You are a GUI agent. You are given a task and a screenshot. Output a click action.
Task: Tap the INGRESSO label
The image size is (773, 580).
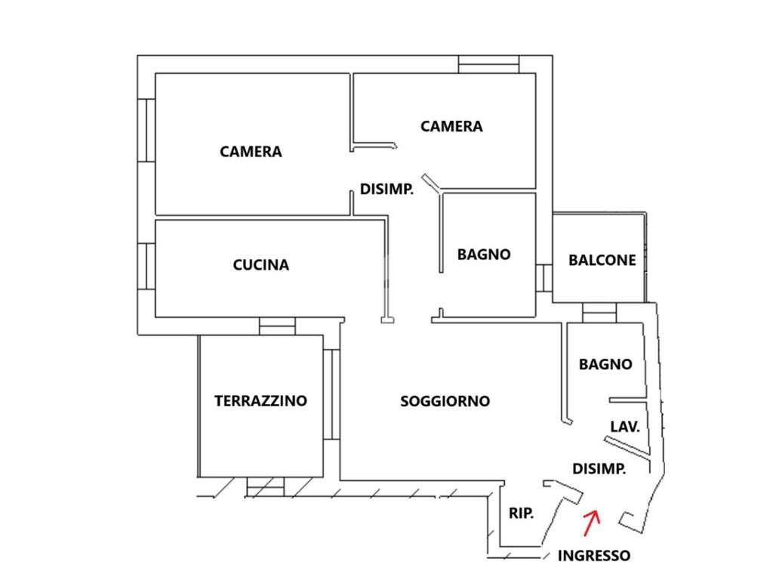coord(593,556)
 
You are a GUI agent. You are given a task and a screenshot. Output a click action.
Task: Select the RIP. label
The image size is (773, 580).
coord(521,514)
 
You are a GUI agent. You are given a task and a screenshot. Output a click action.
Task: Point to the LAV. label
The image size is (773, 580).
coord(625,427)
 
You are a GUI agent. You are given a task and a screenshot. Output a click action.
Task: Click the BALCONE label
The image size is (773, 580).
coord(602,260)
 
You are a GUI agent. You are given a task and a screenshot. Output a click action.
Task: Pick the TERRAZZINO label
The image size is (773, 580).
coord(260,400)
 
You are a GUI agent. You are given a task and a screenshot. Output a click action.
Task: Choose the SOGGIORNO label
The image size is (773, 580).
coord(445,401)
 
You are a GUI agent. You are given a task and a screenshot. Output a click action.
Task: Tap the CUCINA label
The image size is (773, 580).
coord(260,265)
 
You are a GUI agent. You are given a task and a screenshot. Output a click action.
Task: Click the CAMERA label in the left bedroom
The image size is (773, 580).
coord(251,152)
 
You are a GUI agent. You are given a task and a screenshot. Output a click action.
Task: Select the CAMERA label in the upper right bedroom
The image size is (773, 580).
coord(451,126)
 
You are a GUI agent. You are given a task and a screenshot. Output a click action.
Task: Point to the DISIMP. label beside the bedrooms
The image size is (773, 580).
coord(386,190)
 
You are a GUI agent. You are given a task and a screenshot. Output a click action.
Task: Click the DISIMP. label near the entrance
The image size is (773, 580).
coord(599,469)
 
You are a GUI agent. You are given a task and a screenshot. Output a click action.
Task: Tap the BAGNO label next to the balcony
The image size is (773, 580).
coord(484,255)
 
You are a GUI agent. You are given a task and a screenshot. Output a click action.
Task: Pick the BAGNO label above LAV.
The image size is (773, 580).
coord(605,364)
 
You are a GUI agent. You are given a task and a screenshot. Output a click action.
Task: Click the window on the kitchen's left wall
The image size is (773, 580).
coord(146,268)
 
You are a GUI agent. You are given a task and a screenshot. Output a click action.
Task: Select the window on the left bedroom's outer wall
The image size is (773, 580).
coord(146,130)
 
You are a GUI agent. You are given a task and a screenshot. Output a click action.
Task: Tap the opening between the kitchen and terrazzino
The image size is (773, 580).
coord(277,326)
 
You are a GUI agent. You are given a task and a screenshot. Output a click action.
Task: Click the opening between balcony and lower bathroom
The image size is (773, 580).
coord(599,313)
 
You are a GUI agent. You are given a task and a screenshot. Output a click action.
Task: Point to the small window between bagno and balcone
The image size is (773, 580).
coord(544,277)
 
